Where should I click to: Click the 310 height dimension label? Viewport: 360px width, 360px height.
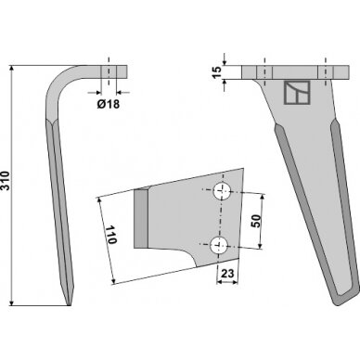(x=6, y=181)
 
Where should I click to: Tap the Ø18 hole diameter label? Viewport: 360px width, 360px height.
(x=109, y=104)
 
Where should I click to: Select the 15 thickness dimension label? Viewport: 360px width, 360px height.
(x=217, y=72)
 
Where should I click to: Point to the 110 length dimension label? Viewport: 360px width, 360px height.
(x=111, y=235)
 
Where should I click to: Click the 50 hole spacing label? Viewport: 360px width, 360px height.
(x=256, y=221)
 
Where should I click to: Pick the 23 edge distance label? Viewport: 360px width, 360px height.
(x=227, y=274)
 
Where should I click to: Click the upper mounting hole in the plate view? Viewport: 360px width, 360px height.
(x=222, y=191)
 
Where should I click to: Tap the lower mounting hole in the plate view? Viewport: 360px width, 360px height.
(x=219, y=245)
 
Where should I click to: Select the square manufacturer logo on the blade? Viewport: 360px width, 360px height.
(x=297, y=93)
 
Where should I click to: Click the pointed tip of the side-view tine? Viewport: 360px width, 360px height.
(x=69, y=305)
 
